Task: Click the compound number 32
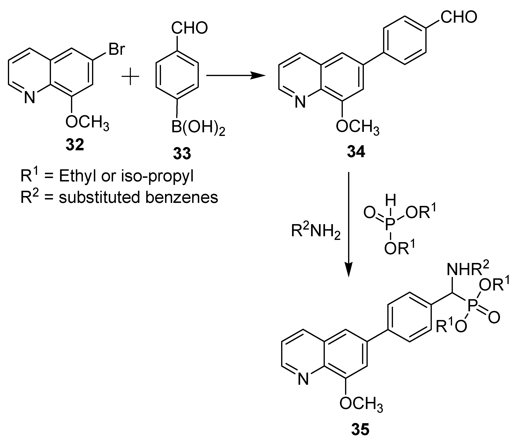[75, 145]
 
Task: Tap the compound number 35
[360, 429]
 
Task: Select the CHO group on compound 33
[190, 28]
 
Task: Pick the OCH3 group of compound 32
[87, 123]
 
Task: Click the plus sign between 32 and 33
[130, 76]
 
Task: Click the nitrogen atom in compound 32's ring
[29, 97]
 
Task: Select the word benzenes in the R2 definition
[182, 198]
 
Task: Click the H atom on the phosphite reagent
[391, 201]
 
